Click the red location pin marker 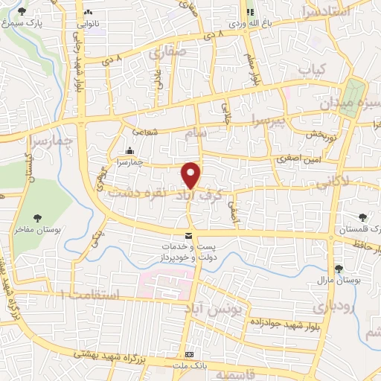point(191,174)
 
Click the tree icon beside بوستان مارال point(339,269)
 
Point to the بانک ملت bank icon point(190,355)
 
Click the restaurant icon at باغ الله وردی point(250,12)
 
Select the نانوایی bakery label point(89,23)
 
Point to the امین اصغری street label point(295,159)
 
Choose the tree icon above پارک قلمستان point(362,218)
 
